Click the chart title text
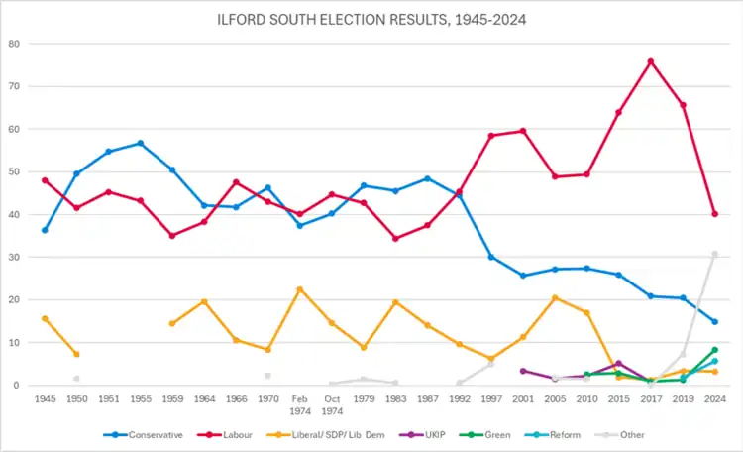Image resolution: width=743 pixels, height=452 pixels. [x=371, y=19]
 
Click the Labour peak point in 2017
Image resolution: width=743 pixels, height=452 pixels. [x=651, y=61]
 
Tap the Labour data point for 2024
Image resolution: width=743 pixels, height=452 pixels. [x=714, y=214]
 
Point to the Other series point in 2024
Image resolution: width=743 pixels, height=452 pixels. [x=714, y=254]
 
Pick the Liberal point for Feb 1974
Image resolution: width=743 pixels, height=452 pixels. [x=299, y=289]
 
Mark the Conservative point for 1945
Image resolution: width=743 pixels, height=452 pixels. [x=45, y=230]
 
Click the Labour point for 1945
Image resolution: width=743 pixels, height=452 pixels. [x=45, y=180]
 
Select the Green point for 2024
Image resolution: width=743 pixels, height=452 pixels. [x=714, y=350]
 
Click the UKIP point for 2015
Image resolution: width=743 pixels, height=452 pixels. [x=619, y=364]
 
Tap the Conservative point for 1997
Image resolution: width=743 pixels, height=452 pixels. [x=491, y=257]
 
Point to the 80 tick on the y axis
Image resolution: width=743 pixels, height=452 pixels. [x=14, y=44]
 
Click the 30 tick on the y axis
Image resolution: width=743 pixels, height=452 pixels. [x=14, y=257]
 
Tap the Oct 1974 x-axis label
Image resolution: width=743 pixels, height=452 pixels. [x=332, y=404]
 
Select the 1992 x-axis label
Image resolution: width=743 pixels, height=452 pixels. [x=460, y=398]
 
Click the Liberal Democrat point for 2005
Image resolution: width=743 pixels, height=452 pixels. [x=555, y=297]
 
